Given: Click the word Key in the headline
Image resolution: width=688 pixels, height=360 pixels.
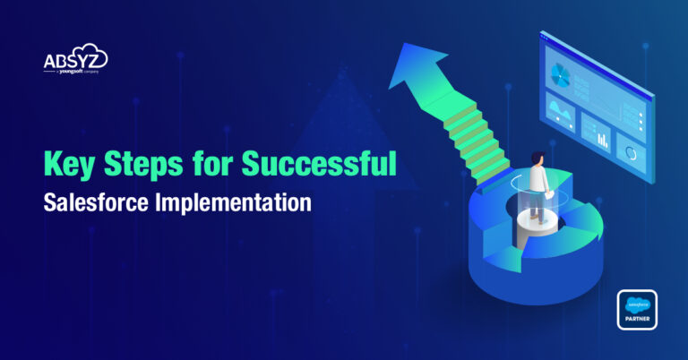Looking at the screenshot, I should click(x=67, y=166).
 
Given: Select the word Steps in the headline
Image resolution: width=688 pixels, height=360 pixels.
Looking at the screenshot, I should click(x=141, y=166).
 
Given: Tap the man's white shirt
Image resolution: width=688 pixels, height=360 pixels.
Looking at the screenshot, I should click(x=536, y=179).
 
